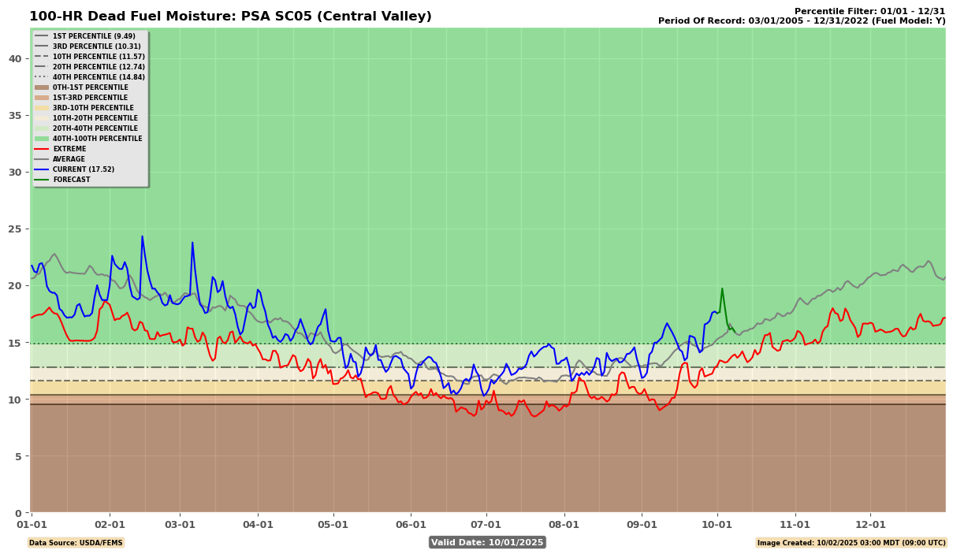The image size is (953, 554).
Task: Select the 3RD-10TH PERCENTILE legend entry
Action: pyautogui.click(x=93, y=108)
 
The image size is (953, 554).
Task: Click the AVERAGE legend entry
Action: pyautogui.click(x=69, y=159)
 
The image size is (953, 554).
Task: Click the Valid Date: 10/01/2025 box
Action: pyautogui.click(x=487, y=542)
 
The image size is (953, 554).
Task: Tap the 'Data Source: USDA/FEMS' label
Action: pyautogui.click(x=76, y=542)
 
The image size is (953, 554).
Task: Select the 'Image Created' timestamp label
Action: pyautogui.click(x=851, y=542)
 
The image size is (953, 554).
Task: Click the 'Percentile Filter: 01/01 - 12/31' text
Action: pyautogui.click(x=869, y=11)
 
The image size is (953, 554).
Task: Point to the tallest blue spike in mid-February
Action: pyautogui.click(x=143, y=236)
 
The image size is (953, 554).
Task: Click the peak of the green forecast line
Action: pyautogui.click(x=722, y=288)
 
